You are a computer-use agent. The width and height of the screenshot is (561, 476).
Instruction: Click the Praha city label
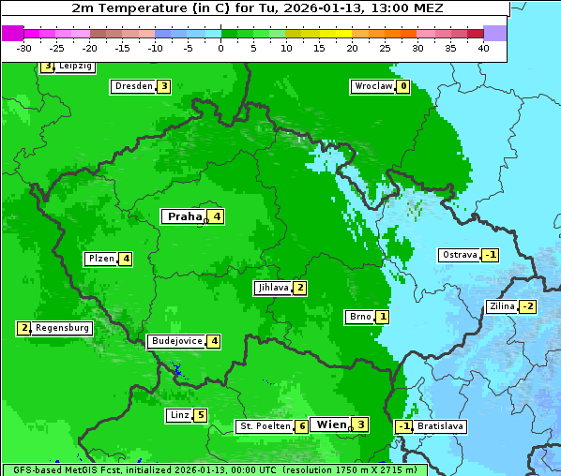tap(184, 216)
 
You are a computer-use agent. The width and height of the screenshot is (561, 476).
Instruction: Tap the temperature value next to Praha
tap(216, 216)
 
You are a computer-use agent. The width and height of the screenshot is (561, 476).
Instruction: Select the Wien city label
tap(331, 424)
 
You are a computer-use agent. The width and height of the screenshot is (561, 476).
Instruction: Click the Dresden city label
tap(133, 86)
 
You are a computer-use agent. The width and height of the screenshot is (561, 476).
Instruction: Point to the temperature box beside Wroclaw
tap(402, 86)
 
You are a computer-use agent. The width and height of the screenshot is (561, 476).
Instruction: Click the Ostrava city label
tap(460, 255)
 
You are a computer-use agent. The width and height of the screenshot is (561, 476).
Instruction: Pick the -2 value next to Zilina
tap(528, 306)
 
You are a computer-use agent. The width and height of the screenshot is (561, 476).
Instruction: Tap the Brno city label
tap(359, 317)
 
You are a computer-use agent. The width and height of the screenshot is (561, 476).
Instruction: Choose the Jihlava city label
tap(272, 288)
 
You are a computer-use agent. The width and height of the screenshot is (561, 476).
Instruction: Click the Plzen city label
tap(100, 259)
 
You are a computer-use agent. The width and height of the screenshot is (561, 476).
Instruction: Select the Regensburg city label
tap(63, 328)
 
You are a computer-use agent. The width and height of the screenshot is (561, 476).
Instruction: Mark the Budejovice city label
tap(176, 341)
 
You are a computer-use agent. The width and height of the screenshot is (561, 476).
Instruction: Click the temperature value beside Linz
tap(201, 415)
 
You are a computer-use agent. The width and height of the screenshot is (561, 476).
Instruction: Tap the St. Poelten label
tap(265, 426)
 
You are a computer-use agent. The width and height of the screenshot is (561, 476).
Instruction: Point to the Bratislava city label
tap(440, 426)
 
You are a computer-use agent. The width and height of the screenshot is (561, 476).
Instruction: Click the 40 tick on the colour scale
tap(483, 48)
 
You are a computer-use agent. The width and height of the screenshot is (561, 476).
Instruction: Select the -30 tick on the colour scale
tap(24, 48)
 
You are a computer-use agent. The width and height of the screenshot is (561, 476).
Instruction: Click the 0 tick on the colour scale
tap(220, 48)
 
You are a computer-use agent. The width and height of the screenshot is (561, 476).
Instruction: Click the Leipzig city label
tap(75, 67)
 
